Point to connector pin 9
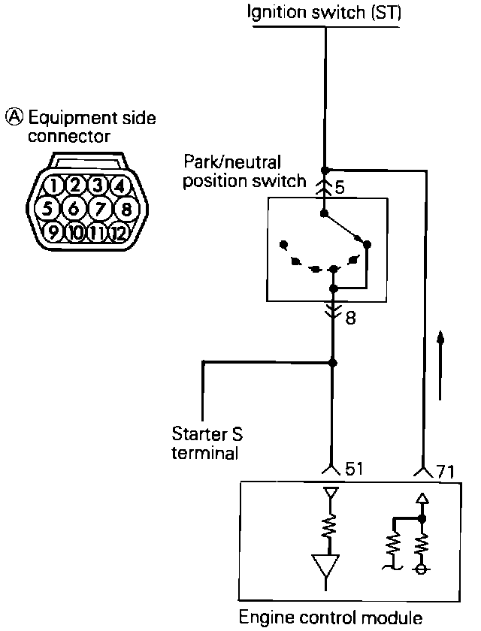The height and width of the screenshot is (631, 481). [x=53, y=232]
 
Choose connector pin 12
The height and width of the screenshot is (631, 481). [x=118, y=232]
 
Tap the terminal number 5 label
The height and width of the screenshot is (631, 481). [x=340, y=187]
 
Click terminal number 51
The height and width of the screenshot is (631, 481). [x=352, y=469]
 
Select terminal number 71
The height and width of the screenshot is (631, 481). [x=444, y=472]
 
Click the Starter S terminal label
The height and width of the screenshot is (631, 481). [x=207, y=443]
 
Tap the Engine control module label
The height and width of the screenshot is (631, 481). [x=329, y=618]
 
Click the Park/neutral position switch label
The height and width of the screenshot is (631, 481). [x=244, y=171]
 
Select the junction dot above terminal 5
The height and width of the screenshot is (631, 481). [x=325, y=170]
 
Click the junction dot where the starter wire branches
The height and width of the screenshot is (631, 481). [x=333, y=363]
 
